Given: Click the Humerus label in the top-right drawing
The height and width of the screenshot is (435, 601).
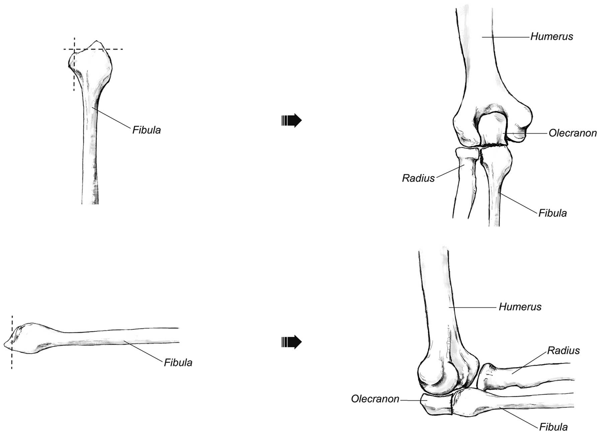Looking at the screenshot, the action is [551, 36].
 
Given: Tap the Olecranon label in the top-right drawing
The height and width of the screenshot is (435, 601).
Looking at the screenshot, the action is [572, 133].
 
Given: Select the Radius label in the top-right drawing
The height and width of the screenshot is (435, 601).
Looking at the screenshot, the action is [418, 178].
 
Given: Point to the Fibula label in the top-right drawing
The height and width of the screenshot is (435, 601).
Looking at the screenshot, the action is [552, 213].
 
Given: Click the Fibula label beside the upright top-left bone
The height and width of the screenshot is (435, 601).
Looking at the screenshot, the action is [146, 130].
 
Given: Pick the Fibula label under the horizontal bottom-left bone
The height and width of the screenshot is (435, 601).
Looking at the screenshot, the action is [178, 362].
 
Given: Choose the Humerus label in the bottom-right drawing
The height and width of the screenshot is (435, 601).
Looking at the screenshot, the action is [520, 306].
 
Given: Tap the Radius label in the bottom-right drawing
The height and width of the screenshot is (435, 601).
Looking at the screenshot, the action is [563, 350].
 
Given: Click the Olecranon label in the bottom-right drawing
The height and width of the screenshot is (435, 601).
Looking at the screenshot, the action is [375, 399].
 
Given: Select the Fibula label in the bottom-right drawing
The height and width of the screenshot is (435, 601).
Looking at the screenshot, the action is [553, 427].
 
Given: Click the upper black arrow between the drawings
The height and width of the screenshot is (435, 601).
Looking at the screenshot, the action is [291, 120].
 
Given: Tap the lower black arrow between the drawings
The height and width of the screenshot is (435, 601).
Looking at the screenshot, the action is [291, 342].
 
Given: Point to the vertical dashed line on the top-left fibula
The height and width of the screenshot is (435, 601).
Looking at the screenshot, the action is [74, 77].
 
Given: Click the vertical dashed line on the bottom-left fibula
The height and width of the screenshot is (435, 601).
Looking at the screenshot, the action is [12, 358].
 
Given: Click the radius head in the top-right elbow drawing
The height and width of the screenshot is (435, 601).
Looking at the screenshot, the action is [467, 153].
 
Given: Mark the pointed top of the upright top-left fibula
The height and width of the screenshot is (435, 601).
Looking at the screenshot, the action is [97, 41].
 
